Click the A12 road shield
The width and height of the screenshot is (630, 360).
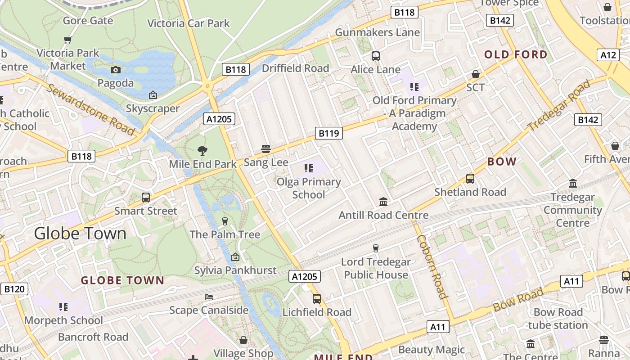pyautogui.click(x=608, y=55)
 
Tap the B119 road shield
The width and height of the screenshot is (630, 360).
pyautogui.click(x=328, y=133)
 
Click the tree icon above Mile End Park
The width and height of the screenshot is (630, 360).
pyautogui.click(x=202, y=151)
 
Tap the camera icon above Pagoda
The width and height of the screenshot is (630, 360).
pyautogui.click(x=116, y=70)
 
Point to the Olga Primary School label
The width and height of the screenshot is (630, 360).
pyautogui.click(x=309, y=188)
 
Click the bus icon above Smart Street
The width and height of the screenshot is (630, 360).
pyautogui.click(x=146, y=197)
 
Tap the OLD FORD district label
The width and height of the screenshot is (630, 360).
pyautogui.click(x=516, y=55)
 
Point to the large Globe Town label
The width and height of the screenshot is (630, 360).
pyautogui.click(x=81, y=233)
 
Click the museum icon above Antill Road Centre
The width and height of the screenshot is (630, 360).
pyautogui.click(x=383, y=202)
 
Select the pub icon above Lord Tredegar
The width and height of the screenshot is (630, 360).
pyautogui.click(x=376, y=248)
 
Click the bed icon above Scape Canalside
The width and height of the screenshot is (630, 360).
pyautogui.click(x=209, y=297)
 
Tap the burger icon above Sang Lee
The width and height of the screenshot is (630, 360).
pyautogui.click(x=266, y=149)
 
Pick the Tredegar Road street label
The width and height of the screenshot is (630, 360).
pyautogui.click(x=559, y=106)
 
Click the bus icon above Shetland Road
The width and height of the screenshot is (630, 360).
pyautogui.click(x=470, y=179)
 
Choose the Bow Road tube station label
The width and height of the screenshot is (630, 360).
pyautogui.click(x=558, y=319)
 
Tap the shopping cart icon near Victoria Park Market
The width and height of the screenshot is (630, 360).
pyautogui.click(x=68, y=40)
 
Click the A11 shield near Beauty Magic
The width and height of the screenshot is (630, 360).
pyautogui.click(x=438, y=327)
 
